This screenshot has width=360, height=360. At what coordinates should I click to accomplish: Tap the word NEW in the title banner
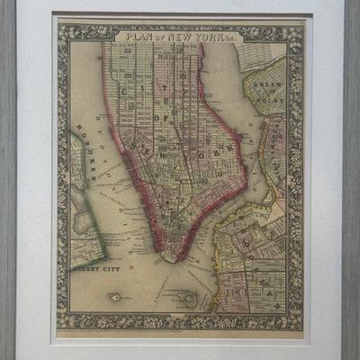coord(166,37)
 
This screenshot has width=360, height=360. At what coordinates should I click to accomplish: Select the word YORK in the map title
coord(191,37)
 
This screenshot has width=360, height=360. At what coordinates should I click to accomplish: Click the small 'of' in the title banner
coord(151,38)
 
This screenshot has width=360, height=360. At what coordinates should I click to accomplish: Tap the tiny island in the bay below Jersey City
coord(115,296)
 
